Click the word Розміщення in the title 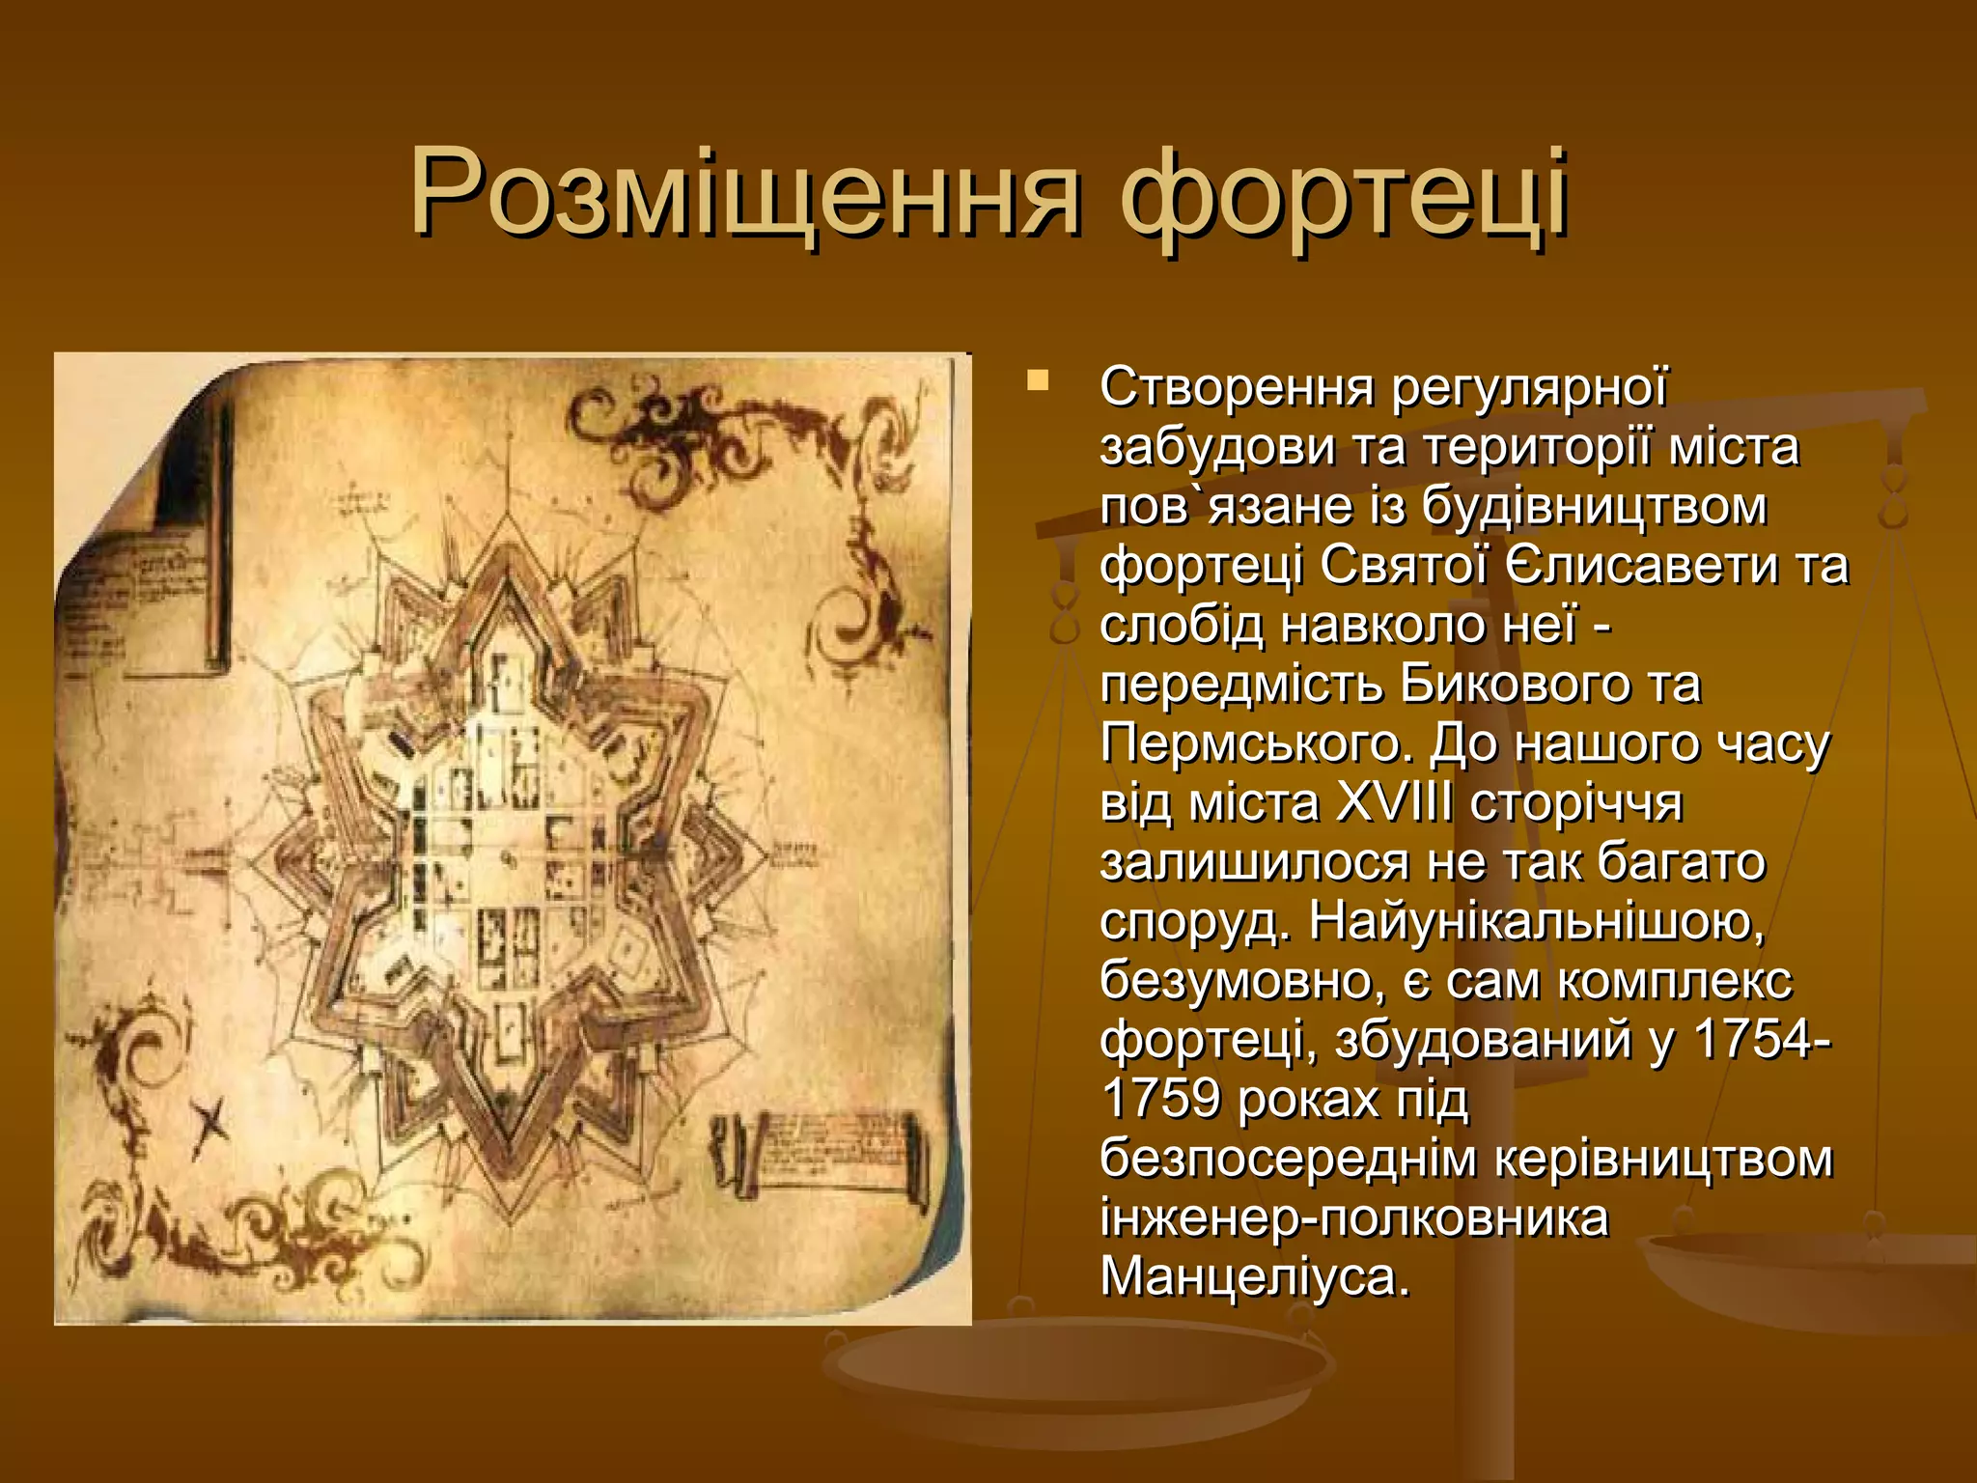pyautogui.click(x=743, y=193)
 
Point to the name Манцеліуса pyautogui.click(x=1255, y=1277)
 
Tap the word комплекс pyautogui.click(x=1675, y=981)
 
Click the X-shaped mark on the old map pyautogui.click(x=210, y=1125)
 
